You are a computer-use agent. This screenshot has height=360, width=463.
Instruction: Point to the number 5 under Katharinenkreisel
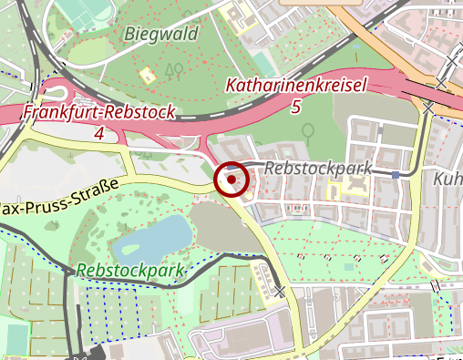pos(294,108)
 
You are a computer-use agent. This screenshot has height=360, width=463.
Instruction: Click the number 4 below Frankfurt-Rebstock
pos(98,134)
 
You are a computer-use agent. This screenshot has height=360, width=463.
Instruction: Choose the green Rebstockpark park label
pos(131,271)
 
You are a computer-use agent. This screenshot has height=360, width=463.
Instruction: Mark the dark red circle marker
pos(232,180)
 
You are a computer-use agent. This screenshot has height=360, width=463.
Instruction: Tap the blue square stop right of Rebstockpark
pos(396,174)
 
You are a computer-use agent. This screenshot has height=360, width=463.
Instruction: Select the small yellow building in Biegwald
pos(145,75)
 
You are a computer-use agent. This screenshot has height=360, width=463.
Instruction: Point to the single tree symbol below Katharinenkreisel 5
pos(308,132)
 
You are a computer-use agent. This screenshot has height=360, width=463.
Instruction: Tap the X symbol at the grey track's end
pos(279,292)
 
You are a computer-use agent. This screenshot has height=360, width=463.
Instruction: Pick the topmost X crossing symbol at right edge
pos(455,61)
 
